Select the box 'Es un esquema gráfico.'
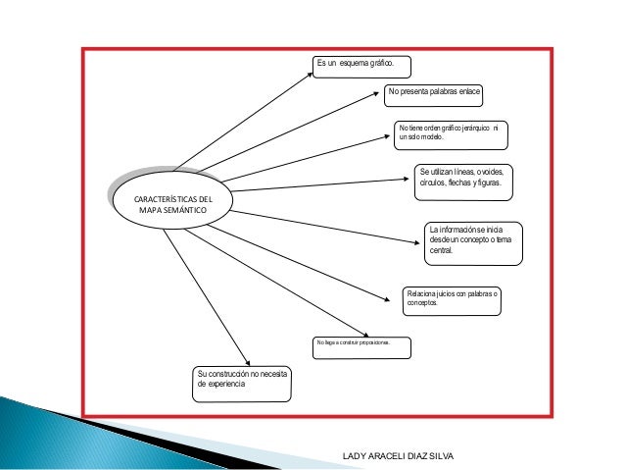pyautogui.click(x=361, y=66)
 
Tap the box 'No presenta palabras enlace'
pyautogui.click(x=434, y=94)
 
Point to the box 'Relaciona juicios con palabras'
pyautogui.click(x=452, y=299)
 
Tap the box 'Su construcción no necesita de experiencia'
pyautogui.click(x=241, y=383)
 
